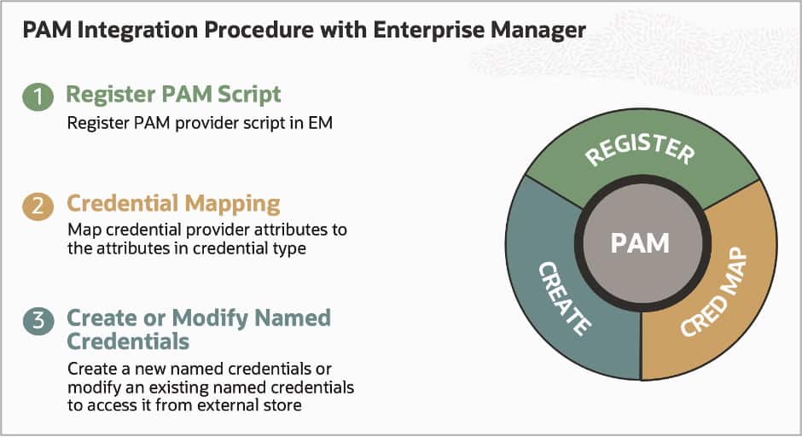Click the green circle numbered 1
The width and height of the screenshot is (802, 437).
[38, 96]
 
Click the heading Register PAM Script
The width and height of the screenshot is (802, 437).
[173, 94]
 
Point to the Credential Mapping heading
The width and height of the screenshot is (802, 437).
[173, 204]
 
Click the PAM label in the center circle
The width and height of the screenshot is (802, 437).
[641, 243]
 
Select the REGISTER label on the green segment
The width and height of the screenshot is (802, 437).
[640, 152]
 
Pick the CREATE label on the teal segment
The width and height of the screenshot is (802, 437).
[563, 298]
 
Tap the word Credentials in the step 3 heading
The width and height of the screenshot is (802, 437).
[128, 341]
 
